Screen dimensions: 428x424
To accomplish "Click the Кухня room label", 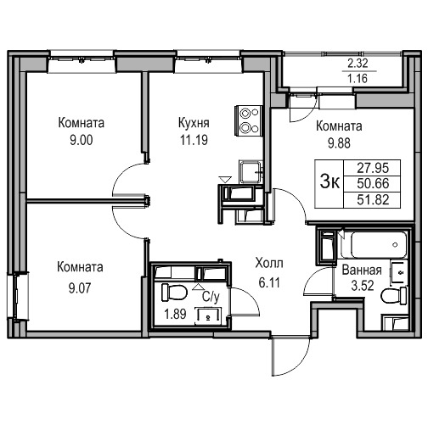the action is point(194,123).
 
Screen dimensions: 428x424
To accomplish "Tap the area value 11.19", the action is point(194,140).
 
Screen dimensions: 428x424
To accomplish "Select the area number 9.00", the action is point(82,140).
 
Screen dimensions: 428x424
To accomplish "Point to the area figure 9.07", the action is point(80,288).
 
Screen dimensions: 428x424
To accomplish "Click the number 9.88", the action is point(339,143).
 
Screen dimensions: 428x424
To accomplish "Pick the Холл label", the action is point(269,263).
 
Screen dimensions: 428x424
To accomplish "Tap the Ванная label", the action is point(362,271).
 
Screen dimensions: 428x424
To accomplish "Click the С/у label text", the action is point(211,297).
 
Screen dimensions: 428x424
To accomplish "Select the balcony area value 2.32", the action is point(358,64).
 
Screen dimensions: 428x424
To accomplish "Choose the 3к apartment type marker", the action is point(329,182).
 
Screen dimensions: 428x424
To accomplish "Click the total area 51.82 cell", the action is point(373,200).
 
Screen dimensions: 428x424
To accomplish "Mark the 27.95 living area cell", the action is point(373,168).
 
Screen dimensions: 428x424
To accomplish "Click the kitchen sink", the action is point(251,172).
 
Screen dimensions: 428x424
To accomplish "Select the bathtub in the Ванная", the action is point(374,245).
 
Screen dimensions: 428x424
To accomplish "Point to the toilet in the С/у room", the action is point(174,293).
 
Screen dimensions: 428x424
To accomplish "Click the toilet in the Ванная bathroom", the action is point(394,297).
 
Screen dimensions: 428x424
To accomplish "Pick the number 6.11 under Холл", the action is point(269,282).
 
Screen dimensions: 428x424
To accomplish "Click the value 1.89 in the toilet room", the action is point(175,314).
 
